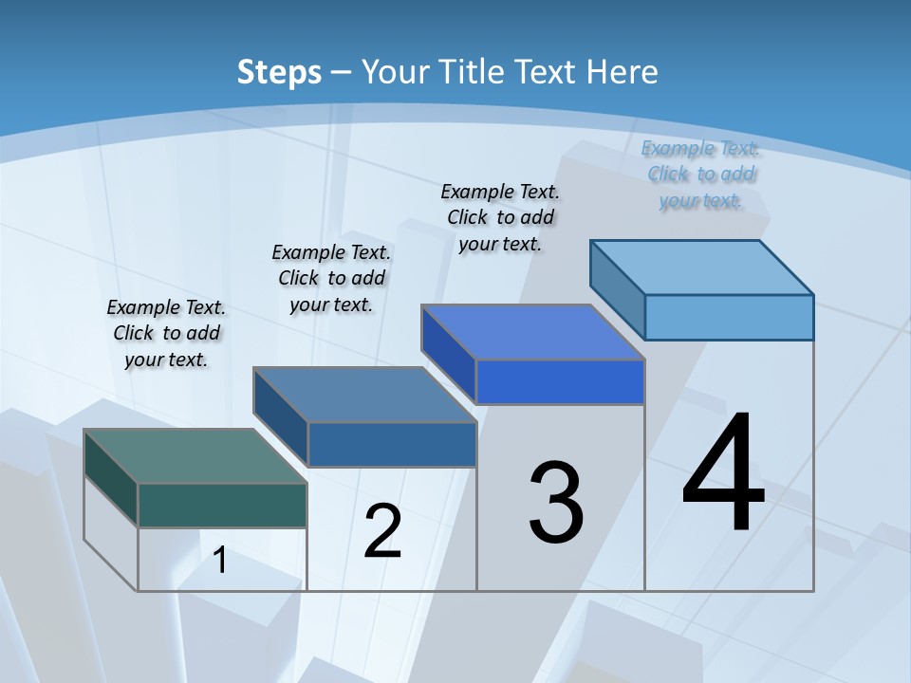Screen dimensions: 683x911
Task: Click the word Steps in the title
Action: [279, 72]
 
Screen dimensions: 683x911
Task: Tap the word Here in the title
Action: [623, 72]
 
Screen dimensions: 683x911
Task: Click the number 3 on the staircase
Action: [556, 503]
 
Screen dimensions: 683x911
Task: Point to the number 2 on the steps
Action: [382, 531]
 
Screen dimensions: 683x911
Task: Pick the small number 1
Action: [220, 561]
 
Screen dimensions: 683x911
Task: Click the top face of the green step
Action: [195, 456]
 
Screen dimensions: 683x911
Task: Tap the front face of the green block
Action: [222, 505]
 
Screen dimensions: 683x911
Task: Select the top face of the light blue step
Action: [702, 267]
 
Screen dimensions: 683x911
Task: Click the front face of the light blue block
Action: [729, 317]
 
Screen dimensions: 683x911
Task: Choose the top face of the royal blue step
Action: [532, 332]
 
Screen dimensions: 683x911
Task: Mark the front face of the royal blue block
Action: [560, 381]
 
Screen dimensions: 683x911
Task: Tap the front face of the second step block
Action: [391, 444]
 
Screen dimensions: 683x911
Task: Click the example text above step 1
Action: [166, 333]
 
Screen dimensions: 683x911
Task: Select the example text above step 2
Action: [331, 278]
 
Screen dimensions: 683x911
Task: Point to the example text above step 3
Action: [500, 217]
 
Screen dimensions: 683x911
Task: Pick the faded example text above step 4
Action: [701, 174]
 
